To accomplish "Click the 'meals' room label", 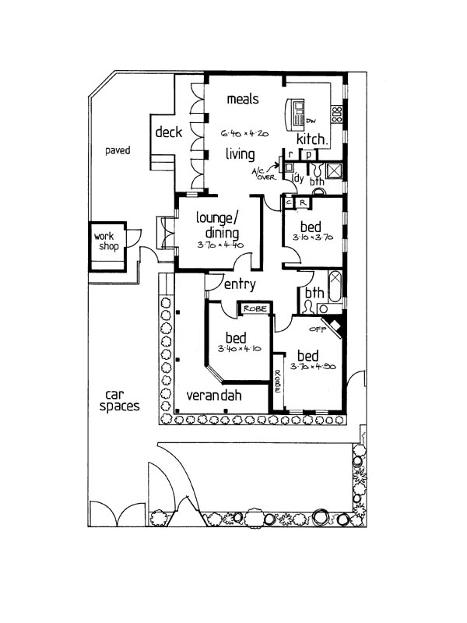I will [242, 100].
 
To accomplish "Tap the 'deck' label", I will [168, 132].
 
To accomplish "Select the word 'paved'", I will [118, 150].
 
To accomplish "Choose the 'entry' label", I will [239, 285].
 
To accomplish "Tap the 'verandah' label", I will [212, 396].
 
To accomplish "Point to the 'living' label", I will [241, 154].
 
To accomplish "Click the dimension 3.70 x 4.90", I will [312, 366].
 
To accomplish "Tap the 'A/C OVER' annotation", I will [262, 173].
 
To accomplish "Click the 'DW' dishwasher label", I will [310, 121].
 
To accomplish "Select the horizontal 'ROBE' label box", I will [255, 309].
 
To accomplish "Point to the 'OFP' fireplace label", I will [317, 328].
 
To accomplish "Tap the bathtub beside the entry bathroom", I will [335, 286].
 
